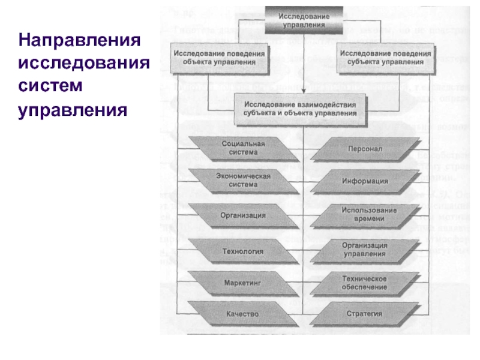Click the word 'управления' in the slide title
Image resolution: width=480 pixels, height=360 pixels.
tap(73, 110)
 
